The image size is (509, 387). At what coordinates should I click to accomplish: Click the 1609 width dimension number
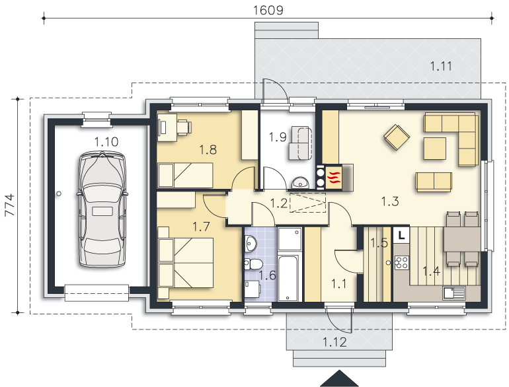[x=268, y=10]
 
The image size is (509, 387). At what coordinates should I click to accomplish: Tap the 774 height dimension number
[x=10, y=205]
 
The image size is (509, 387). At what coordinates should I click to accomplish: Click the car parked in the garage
[x=102, y=209]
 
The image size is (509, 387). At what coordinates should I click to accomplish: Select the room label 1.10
[x=106, y=142]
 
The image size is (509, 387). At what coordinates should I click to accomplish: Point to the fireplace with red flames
[x=334, y=177]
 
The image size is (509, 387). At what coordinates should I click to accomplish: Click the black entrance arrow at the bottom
[x=339, y=378]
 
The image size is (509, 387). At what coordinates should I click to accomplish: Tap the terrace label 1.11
[x=441, y=66]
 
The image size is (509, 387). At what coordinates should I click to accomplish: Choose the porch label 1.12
[x=334, y=342]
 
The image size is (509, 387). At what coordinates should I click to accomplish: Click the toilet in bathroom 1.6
[x=253, y=264]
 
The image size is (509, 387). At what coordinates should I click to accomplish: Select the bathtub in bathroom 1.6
[x=288, y=278]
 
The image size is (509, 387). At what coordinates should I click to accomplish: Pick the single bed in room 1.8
[x=185, y=175]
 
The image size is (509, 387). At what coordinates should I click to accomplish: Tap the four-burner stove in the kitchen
[x=401, y=263]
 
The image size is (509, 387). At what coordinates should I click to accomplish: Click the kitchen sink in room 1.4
[x=454, y=293]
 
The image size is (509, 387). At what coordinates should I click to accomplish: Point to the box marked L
[x=402, y=235]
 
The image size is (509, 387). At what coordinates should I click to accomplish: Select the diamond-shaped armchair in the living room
[x=397, y=137]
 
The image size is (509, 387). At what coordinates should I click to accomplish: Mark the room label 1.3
[x=390, y=201]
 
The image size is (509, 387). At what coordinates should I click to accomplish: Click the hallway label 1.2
[x=279, y=203]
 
